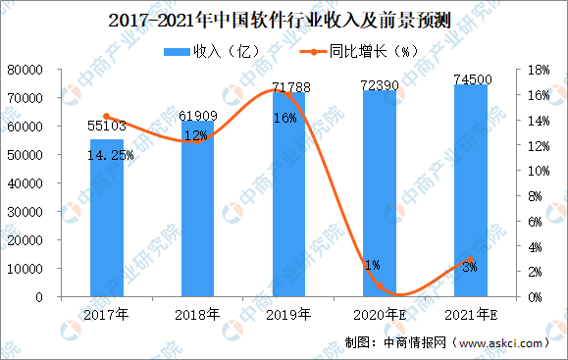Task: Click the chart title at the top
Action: [283, 19]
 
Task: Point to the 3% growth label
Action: [470, 266]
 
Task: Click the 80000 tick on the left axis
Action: [34, 70]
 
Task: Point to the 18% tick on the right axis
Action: [538, 70]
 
